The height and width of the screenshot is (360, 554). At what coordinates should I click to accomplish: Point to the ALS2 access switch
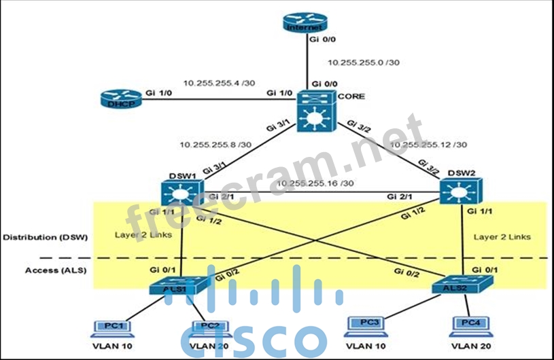pyautogui.click(x=455, y=284)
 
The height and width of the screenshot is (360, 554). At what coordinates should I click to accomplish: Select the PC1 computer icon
pyautogui.click(x=110, y=329)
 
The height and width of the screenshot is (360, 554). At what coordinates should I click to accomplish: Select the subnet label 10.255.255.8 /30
pyautogui.click(x=215, y=144)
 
